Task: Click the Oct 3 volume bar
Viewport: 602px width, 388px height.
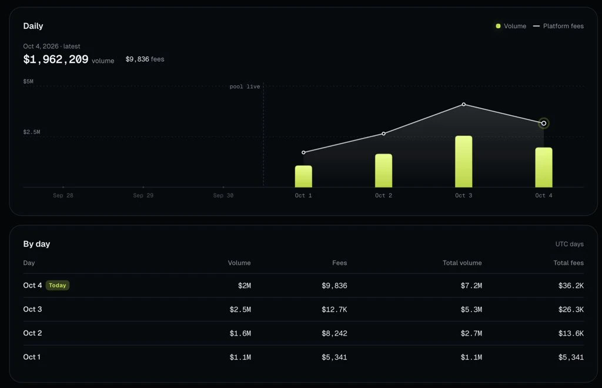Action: click(x=463, y=161)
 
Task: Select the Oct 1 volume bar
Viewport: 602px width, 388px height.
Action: click(x=303, y=176)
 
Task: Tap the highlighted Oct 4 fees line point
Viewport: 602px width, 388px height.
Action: click(x=544, y=123)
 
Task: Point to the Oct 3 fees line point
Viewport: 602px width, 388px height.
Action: click(x=464, y=105)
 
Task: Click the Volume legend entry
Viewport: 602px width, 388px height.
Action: click(x=511, y=26)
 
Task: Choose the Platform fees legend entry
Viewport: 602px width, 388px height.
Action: click(x=558, y=26)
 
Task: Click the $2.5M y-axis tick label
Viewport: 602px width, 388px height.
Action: click(x=32, y=132)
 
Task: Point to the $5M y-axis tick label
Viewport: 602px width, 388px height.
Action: click(x=28, y=81)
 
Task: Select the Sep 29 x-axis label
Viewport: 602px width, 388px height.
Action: click(x=143, y=195)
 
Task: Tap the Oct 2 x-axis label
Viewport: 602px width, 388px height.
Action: click(x=383, y=195)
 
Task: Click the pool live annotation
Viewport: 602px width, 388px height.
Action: click(x=245, y=87)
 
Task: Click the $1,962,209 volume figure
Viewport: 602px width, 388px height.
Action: click(x=56, y=59)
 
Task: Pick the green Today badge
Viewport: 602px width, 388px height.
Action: click(x=58, y=285)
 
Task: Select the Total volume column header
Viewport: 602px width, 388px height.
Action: click(x=462, y=263)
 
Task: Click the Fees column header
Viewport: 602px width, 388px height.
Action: click(x=339, y=263)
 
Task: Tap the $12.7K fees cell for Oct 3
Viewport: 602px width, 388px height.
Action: click(x=335, y=309)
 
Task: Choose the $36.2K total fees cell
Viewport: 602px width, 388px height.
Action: click(x=571, y=286)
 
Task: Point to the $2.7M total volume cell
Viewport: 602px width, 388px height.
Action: click(x=471, y=333)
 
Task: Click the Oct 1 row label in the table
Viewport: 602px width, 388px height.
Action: click(x=32, y=357)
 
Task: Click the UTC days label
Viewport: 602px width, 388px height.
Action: click(x=569, y=244)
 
